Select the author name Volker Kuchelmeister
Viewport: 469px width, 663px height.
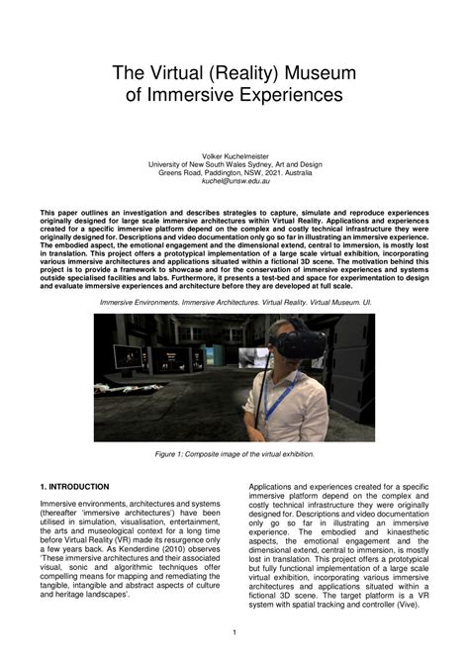[234, 155]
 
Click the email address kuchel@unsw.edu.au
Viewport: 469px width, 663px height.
[234, 182]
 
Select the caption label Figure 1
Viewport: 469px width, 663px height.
[172, 454]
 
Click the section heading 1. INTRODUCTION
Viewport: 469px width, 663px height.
[74, 487]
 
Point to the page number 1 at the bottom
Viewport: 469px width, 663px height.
[234, 632]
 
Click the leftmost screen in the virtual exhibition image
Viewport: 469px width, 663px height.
[126, 355]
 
